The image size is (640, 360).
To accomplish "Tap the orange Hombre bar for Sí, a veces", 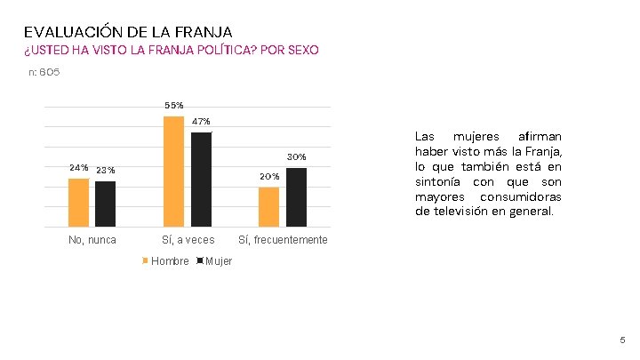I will pos(174,171).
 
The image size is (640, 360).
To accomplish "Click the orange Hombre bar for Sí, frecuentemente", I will pos(268,206).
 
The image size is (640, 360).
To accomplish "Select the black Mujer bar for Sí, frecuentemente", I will pos(296,196).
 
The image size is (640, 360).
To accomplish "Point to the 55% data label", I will pos(174,106).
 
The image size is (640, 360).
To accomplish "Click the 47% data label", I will pos(201,121).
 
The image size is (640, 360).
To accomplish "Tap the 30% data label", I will pos(296,157).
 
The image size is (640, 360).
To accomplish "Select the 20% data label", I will pos(269,177).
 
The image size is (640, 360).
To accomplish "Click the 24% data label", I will pos(79,168).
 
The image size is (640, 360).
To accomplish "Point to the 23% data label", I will pos(105,171).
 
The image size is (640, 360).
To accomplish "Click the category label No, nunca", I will pos(92,240).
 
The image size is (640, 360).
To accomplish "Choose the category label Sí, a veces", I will pos(188,240).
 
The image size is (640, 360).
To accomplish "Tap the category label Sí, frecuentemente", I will pos(283,240).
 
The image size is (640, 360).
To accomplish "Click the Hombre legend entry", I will pos(169,260).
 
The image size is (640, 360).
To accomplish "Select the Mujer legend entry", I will pos(218,260).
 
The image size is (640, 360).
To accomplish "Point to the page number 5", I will pos(622,340).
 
